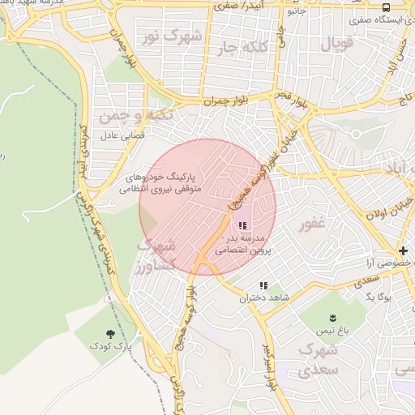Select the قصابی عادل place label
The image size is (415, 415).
pos(122,135)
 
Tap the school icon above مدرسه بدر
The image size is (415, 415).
pos(242,226)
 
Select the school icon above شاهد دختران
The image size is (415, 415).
pos(263,285)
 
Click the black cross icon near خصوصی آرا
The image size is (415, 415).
pos(403,250)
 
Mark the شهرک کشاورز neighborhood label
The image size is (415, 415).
pos(156,255)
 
